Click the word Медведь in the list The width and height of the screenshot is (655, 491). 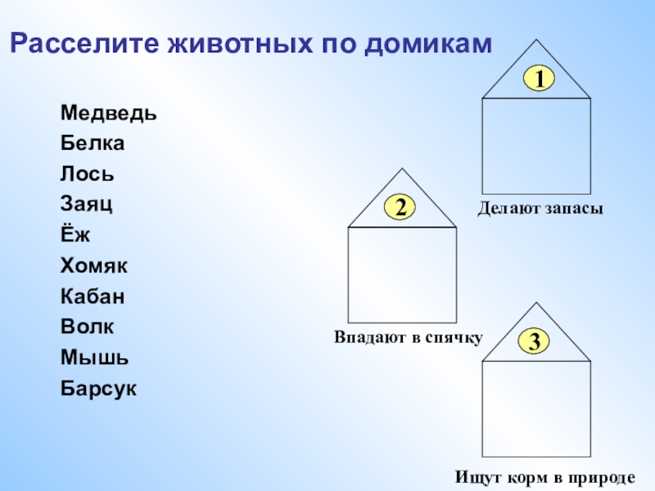[108, 113]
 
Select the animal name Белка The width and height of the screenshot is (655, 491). [92, 143]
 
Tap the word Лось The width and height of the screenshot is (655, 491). [87, 174]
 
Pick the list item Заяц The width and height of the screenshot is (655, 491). [86, 205]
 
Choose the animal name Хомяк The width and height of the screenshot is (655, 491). [93, 266]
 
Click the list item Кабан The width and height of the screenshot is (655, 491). [93, 296]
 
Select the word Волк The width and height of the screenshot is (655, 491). [87, 327]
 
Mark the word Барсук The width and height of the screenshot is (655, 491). [98, 388]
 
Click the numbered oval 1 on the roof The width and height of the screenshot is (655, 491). [540, 79]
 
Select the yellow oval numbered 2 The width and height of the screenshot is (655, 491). [401, 208]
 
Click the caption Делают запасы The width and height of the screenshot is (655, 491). [540, 210]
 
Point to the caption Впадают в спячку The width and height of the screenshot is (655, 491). [409, 337]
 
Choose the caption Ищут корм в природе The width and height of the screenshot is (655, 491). [546, 476]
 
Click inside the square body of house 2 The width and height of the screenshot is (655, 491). [402, 274]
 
